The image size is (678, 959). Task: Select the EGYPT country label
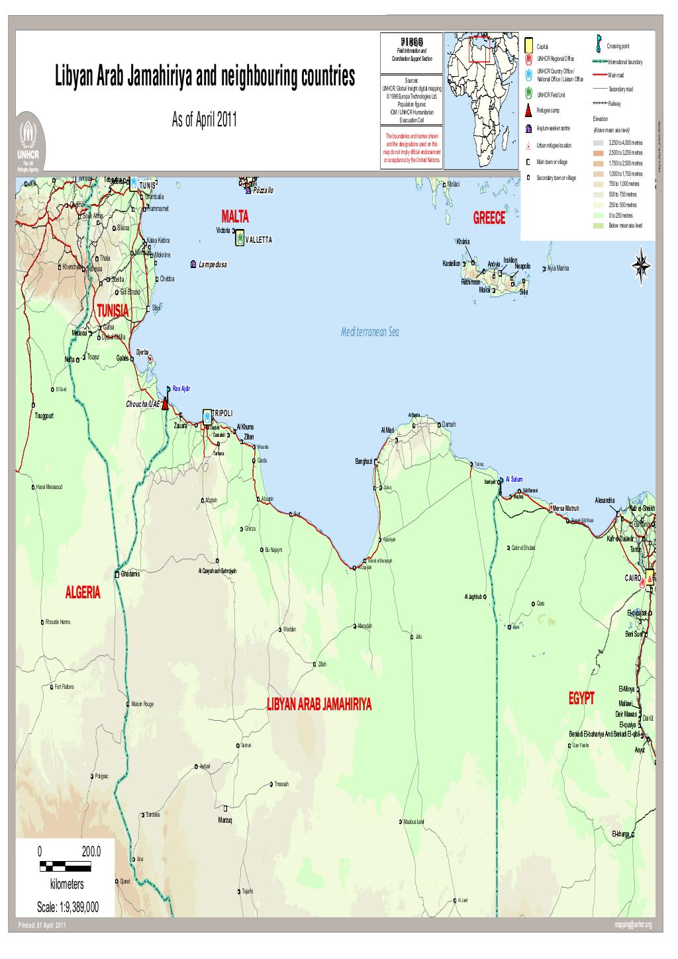tap(581, 699)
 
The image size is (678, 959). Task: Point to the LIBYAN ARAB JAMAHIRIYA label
tap(319, 704)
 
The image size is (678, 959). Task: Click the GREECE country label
tap(489, 219)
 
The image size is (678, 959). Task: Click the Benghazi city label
tap(363, 461)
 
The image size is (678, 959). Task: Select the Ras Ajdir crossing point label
tap(181, 388)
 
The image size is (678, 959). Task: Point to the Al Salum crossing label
tap(514, 479)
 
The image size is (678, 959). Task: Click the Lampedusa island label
tap(213, 265)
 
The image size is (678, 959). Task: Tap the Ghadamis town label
tap(130, 574)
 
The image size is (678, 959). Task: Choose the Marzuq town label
tap(226, 821)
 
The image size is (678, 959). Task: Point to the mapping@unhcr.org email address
tap(633, 925)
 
